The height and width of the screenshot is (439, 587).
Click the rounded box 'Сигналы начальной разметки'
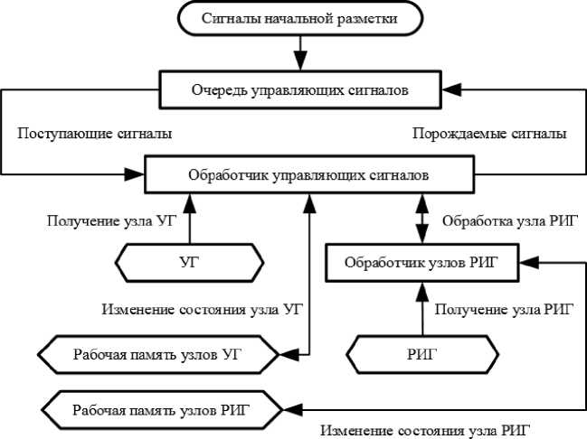(x=299, y=18)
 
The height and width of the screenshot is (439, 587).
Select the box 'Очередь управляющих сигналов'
(x=300, y=89)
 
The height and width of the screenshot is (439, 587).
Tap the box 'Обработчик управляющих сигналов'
(x=308, y=174)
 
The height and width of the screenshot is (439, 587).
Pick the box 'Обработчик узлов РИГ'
(x=420, y=263)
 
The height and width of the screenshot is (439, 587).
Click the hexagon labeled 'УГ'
(x=189, y=262)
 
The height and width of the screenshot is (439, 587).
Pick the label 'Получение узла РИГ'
(x=505, y=310)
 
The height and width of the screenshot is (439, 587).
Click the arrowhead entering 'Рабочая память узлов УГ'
(x=286, y=353)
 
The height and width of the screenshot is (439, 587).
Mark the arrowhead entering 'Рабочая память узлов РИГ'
(x=286, y=409)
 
